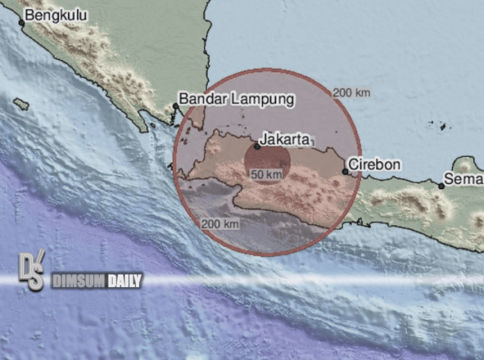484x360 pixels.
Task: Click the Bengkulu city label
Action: (50, 15)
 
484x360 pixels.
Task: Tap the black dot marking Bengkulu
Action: (21, 23)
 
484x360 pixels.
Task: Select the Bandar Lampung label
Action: (236, 99)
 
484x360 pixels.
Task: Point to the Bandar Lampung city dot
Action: (175, 106)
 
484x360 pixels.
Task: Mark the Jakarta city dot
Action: (257, 146)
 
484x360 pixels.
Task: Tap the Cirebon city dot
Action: (346, 171)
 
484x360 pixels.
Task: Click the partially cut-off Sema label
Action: (465, 179)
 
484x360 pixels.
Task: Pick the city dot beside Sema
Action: (441, 186)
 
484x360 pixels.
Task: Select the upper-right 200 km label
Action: (351, 92)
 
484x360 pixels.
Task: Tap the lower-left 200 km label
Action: (220, 224)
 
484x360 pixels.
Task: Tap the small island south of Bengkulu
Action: (21, 104)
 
